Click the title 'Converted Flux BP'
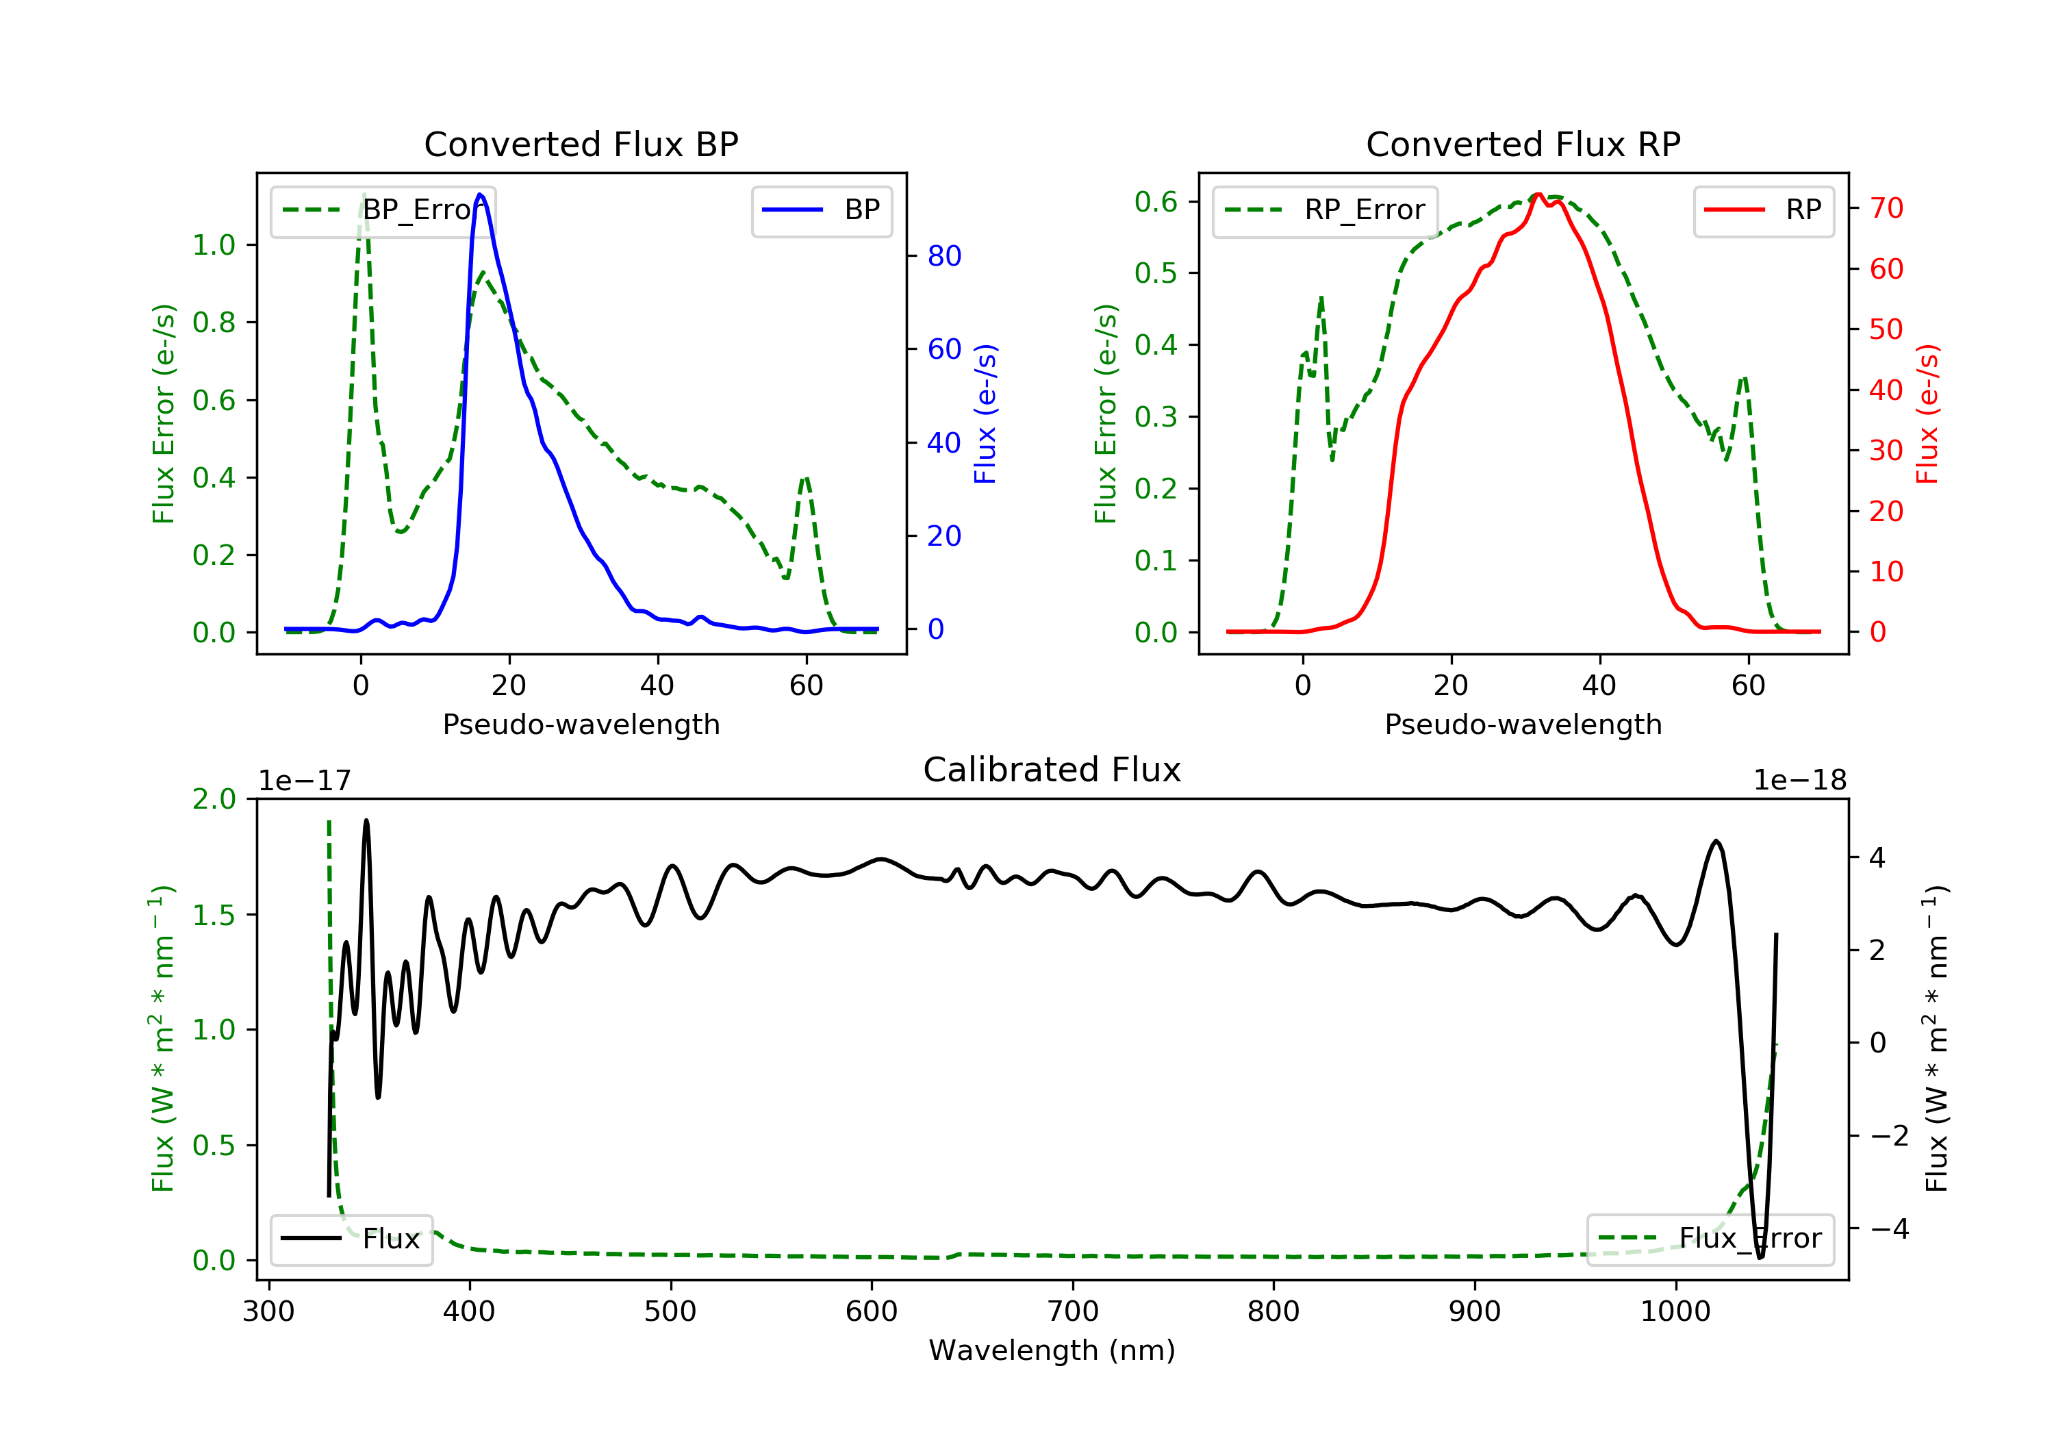[581, 144]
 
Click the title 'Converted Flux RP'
[1523, 144]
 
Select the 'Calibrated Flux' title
[1052, 770]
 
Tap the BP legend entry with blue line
[821, 210]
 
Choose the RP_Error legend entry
[1324, 210]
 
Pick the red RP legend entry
[1763, 210]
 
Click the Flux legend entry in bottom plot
[351, 1239]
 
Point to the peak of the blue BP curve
[481, 194]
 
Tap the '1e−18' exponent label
[1800, 781]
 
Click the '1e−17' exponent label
[305, 781]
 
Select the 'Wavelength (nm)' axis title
[1052, 1350]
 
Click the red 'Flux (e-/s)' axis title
[1928, 414]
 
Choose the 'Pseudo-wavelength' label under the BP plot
[581, 724]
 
